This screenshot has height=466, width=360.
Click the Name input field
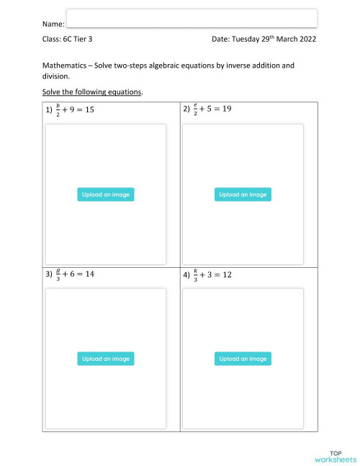pyautogui.click(x=192, y=18)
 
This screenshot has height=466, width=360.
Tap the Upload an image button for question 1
pyautogui.click(x=105, y=194)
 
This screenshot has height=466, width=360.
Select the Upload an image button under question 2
pyautogui.click(x=243, y=194)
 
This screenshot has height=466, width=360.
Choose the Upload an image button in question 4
pyautogui.click(x=243, y=359)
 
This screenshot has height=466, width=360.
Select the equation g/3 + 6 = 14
pyautogui.click(x=74, y=275)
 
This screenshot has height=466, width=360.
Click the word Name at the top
pyautogui.click(x=53, y=25)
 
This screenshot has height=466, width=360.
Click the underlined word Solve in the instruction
pyautogui.click(x=52, y=92)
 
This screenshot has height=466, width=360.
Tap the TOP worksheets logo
pyautogui.click(x=335, y=454)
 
